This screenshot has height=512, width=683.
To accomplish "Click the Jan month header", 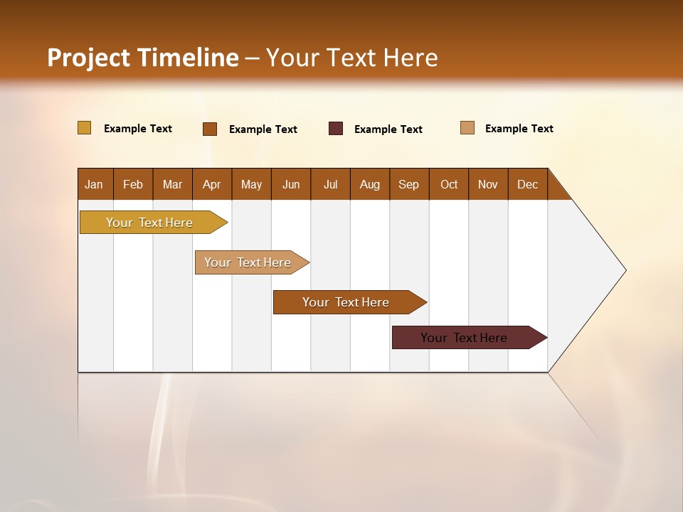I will (94, 184).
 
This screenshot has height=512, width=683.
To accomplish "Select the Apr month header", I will (211, 184).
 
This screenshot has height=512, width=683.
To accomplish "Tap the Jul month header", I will (330, 184).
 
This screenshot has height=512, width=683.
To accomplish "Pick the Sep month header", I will (408, 184).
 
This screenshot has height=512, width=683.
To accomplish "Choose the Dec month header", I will (527, 184).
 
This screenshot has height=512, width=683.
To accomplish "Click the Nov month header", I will (487, 184).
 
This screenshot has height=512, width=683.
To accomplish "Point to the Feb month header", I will (133, 184).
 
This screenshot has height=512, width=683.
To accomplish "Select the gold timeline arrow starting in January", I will (149, 223).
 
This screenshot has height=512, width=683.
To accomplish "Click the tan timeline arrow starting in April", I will (248, 262).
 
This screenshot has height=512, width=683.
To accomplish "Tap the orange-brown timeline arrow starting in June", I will (346, 302).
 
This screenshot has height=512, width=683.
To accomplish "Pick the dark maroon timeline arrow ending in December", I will (464, 338).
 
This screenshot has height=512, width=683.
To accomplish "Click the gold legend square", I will (84, 128).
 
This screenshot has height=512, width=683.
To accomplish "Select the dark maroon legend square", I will (336, 129).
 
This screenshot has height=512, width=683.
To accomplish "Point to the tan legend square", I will (467, 128).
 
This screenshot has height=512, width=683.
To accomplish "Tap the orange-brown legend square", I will (210, 129).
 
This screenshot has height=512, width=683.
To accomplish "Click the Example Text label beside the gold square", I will (138, 129).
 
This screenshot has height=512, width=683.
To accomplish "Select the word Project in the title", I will (89, 58).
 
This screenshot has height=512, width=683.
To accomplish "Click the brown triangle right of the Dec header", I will (557, 190).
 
